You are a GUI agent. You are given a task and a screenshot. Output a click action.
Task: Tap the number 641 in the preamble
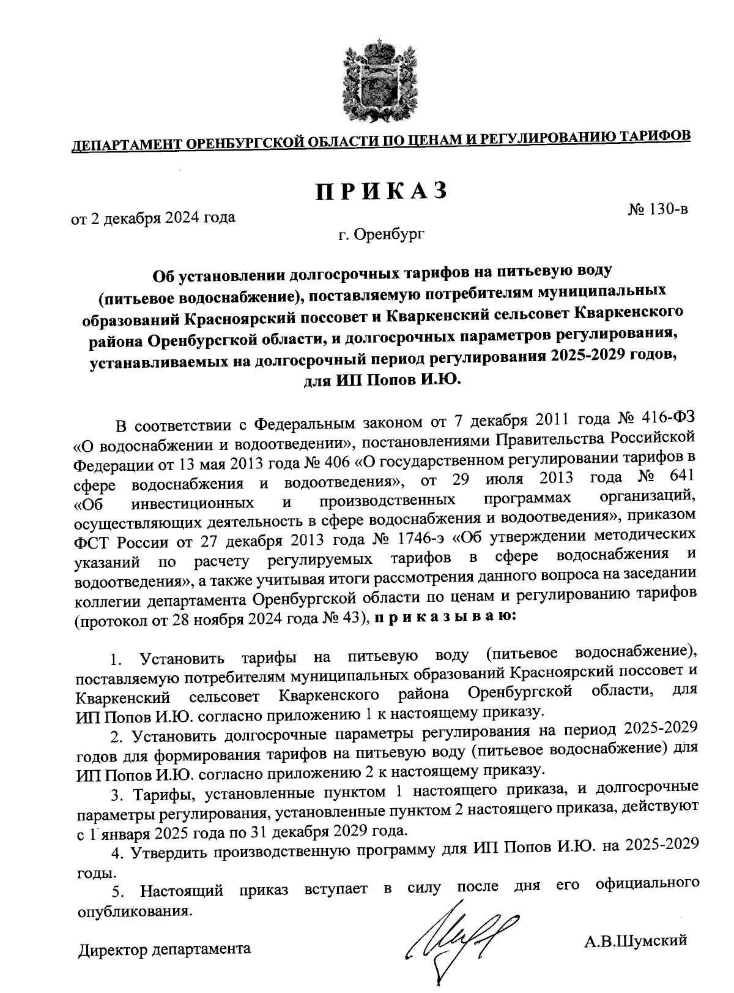(x=681, y=476)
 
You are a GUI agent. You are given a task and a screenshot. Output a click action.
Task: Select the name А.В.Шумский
(x=636, y=940)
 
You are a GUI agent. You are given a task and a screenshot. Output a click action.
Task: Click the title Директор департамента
(x=164, y=950)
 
